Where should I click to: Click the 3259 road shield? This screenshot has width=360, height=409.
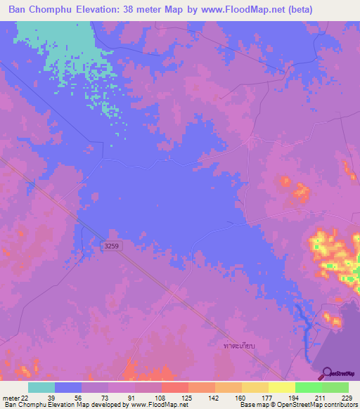(x=110, y=245)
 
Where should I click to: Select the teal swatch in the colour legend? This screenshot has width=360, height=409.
(x=41, y=387)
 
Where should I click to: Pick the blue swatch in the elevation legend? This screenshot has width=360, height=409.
(x=68, y=387)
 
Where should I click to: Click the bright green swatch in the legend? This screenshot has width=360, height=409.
(x=308, y=387)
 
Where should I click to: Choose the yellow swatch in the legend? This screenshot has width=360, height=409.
(x=281, y=387)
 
